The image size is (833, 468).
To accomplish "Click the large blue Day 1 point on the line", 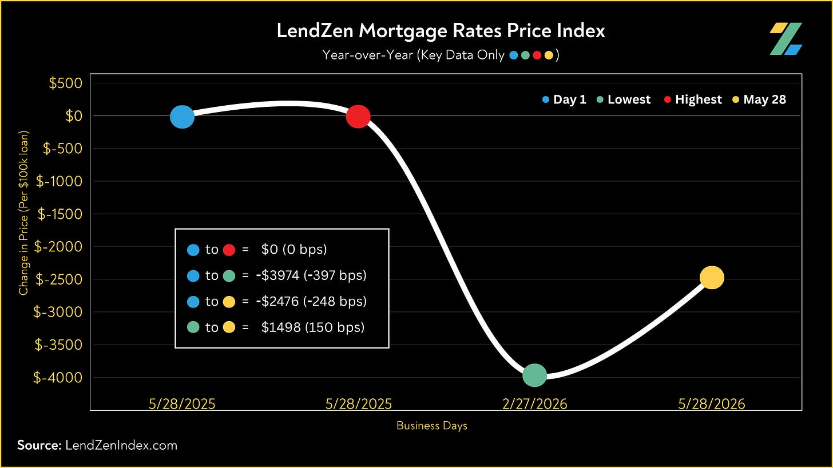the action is tap(182, 117).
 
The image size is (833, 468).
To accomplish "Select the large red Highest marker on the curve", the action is tap(358, 117).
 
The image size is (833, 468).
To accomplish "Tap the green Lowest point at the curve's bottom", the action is tap(535, 375).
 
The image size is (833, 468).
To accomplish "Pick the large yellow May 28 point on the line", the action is tap(712, 278).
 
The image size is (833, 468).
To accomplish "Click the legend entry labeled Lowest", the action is tap(624, 99).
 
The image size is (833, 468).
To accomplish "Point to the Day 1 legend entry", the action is tap(564, 99).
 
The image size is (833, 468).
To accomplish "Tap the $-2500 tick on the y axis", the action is tap(59, 279).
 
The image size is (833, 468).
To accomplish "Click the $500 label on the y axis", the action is tap(65, 83).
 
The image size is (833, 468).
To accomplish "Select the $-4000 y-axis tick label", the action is tap(58, 377).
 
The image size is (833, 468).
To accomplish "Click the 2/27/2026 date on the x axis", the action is tap(535, 404).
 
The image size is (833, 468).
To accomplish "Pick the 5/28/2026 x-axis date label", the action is tap(711, 404).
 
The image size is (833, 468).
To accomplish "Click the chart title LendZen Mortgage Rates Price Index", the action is tap(441, 30).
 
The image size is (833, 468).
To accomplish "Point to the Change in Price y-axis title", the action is tap(23, 213).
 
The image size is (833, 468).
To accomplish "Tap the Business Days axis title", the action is tap(432, 426).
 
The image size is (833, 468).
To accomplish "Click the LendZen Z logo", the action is tap(786, 39).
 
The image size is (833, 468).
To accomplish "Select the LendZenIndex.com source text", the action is tap(121, 445).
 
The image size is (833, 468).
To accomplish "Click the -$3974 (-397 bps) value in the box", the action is tap(311, 275).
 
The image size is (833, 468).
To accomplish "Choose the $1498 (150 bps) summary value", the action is tap(313, 327).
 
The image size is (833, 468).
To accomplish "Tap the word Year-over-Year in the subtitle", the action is tap(367, 55).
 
